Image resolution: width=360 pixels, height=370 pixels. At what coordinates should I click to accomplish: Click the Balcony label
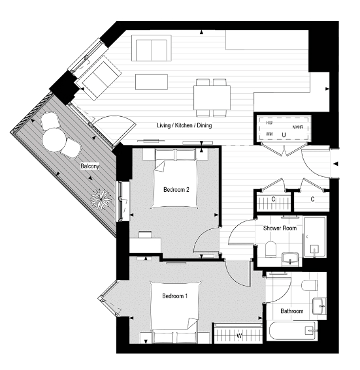click(90, 167)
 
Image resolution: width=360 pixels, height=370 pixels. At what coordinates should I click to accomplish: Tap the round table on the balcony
click(54, 139)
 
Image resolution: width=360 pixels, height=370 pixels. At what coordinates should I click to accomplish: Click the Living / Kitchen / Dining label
click(184, 125)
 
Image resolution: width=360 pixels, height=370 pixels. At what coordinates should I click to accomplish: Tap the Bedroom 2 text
click(176, 190)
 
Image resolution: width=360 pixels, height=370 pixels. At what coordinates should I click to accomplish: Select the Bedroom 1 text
click(175, 296)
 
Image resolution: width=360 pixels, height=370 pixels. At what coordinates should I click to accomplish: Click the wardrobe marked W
click(238, 336)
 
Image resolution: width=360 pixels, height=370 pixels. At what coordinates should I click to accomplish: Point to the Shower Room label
click(280, 228)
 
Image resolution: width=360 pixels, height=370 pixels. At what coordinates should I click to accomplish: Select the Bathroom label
click(291, 311)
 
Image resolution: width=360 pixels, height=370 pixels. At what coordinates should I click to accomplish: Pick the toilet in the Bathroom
click(310, 285)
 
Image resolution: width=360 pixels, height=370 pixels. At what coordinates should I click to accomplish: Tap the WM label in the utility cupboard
click(269, 134)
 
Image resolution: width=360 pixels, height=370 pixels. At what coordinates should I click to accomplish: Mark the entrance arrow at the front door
click(336, 164)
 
